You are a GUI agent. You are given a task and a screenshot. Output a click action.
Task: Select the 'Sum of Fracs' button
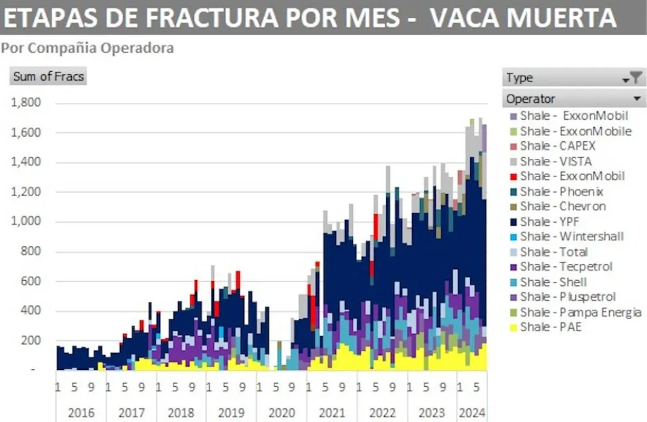tap(49, 76)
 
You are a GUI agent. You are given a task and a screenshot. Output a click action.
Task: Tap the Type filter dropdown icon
tap(632, 78)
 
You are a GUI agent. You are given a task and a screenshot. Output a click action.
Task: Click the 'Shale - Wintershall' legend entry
tap(571, 236)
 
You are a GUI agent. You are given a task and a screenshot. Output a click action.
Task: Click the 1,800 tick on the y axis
tap(26, 103)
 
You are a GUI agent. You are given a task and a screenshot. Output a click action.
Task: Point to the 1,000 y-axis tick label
tap(26, 222)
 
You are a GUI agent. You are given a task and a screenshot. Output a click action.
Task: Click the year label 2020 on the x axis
tap(282, 412)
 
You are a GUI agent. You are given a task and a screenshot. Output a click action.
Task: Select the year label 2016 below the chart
tap(81, 412)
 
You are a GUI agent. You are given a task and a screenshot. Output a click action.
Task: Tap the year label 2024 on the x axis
tap(472, 412)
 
